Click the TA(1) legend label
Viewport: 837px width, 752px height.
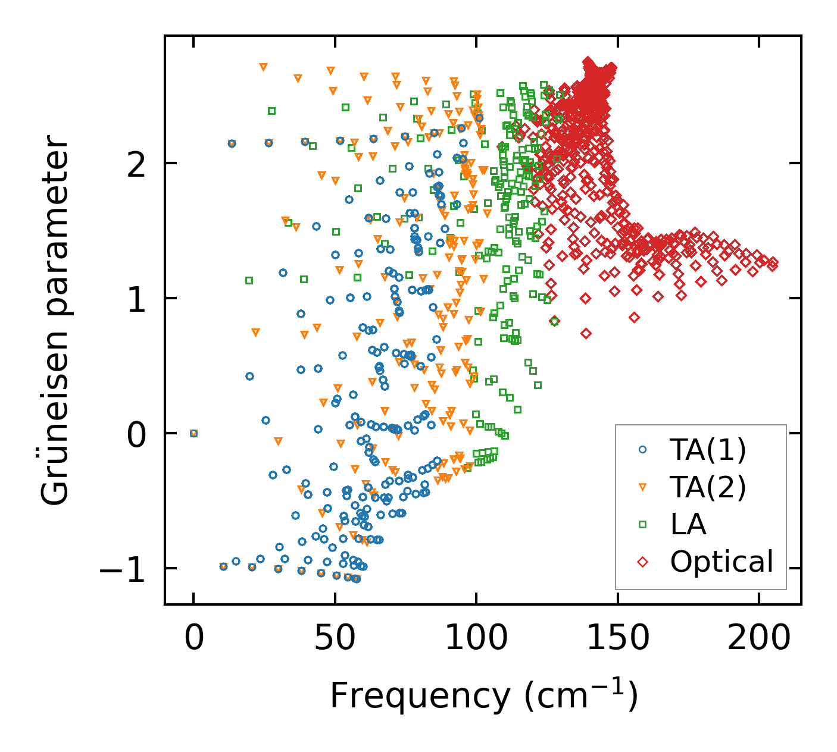point(707,450)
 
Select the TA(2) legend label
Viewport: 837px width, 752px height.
point(707,488)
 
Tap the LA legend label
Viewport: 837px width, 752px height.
point(688,525)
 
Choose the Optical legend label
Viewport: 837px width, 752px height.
point(722,562)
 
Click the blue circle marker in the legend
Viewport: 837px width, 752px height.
point(642,450)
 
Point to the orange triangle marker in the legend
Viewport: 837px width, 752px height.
point(642,488)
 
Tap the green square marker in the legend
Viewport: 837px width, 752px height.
point(642,525)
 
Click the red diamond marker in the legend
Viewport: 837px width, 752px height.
point(642,562)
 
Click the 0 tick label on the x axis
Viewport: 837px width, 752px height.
point(193,638)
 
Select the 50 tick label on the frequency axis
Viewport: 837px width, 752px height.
point(335,638)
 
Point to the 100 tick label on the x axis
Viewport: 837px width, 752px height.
point(476,638)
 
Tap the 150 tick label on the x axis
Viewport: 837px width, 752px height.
point(617,638)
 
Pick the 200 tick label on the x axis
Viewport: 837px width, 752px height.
point(759,638)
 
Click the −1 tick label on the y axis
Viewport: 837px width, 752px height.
point(122,569)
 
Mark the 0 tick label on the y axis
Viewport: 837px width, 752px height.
point(136,434)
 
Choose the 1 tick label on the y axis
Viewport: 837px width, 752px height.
point(136,299)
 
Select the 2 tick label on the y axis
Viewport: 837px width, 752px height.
point(136,164)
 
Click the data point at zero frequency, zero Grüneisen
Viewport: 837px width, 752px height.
point(193,433)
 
